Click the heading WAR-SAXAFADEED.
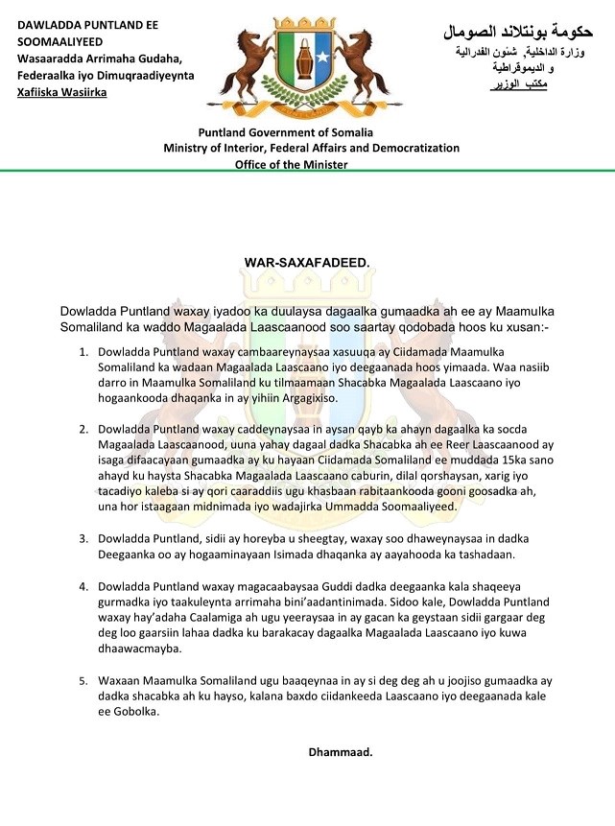(307, 262)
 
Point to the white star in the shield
(322, 58)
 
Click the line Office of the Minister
(292, 164)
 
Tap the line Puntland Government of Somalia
(286, 132)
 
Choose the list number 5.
(83, 680)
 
